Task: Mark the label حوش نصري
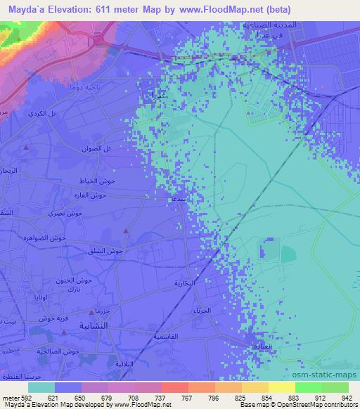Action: pyautogui.click(x=70, y=212)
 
